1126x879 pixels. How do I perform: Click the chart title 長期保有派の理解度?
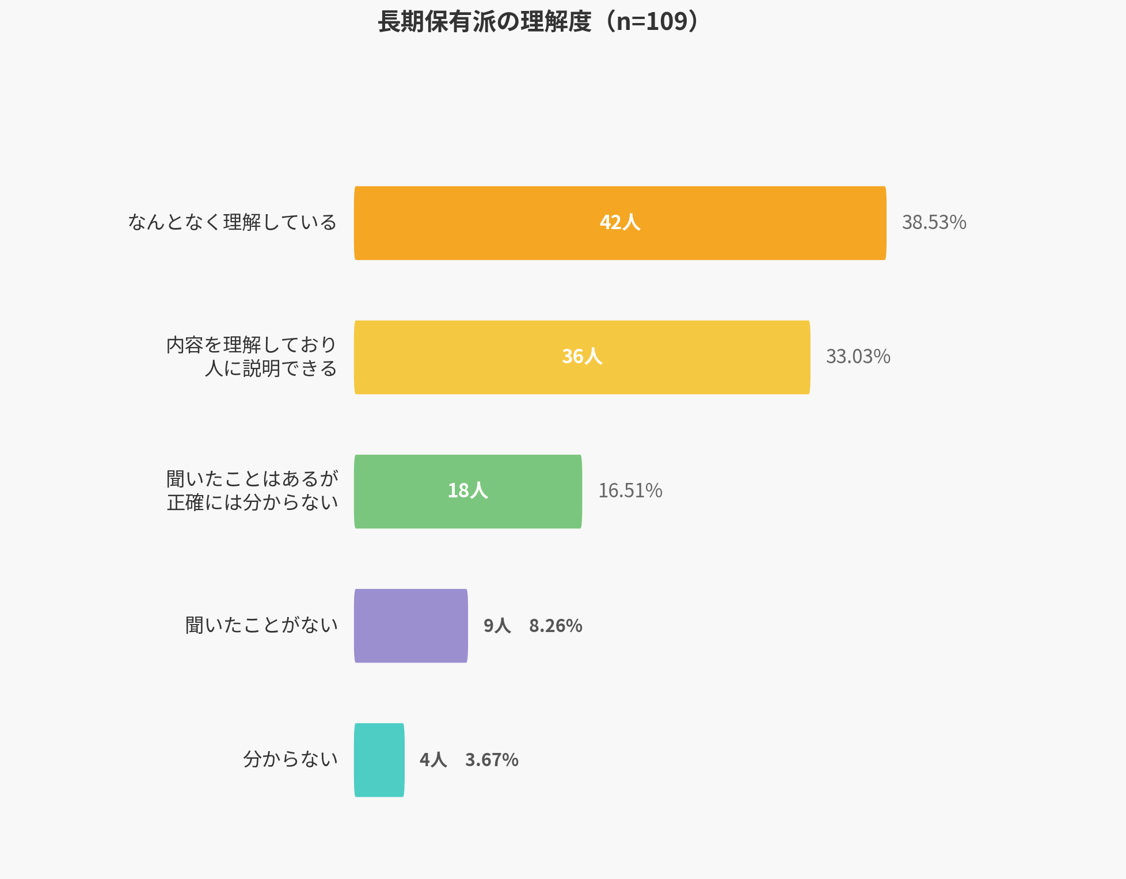485,22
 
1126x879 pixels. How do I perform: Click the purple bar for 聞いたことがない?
410,626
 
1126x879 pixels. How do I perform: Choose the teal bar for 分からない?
379,760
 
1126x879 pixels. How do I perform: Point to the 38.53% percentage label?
934,223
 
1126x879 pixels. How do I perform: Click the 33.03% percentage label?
858,357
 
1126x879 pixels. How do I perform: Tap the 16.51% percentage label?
630,491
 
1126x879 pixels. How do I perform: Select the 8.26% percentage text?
556,626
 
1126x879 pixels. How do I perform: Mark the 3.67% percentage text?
492,760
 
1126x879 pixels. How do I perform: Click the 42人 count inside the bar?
620,222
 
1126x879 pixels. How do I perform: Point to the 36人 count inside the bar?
582,357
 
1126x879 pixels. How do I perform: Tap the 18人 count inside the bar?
467,490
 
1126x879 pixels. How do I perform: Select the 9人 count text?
497,626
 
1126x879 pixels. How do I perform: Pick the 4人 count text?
433,760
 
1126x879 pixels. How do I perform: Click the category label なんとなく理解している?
232,223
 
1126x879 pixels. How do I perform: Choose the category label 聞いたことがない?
261,626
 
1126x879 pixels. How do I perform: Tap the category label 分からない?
290,760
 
